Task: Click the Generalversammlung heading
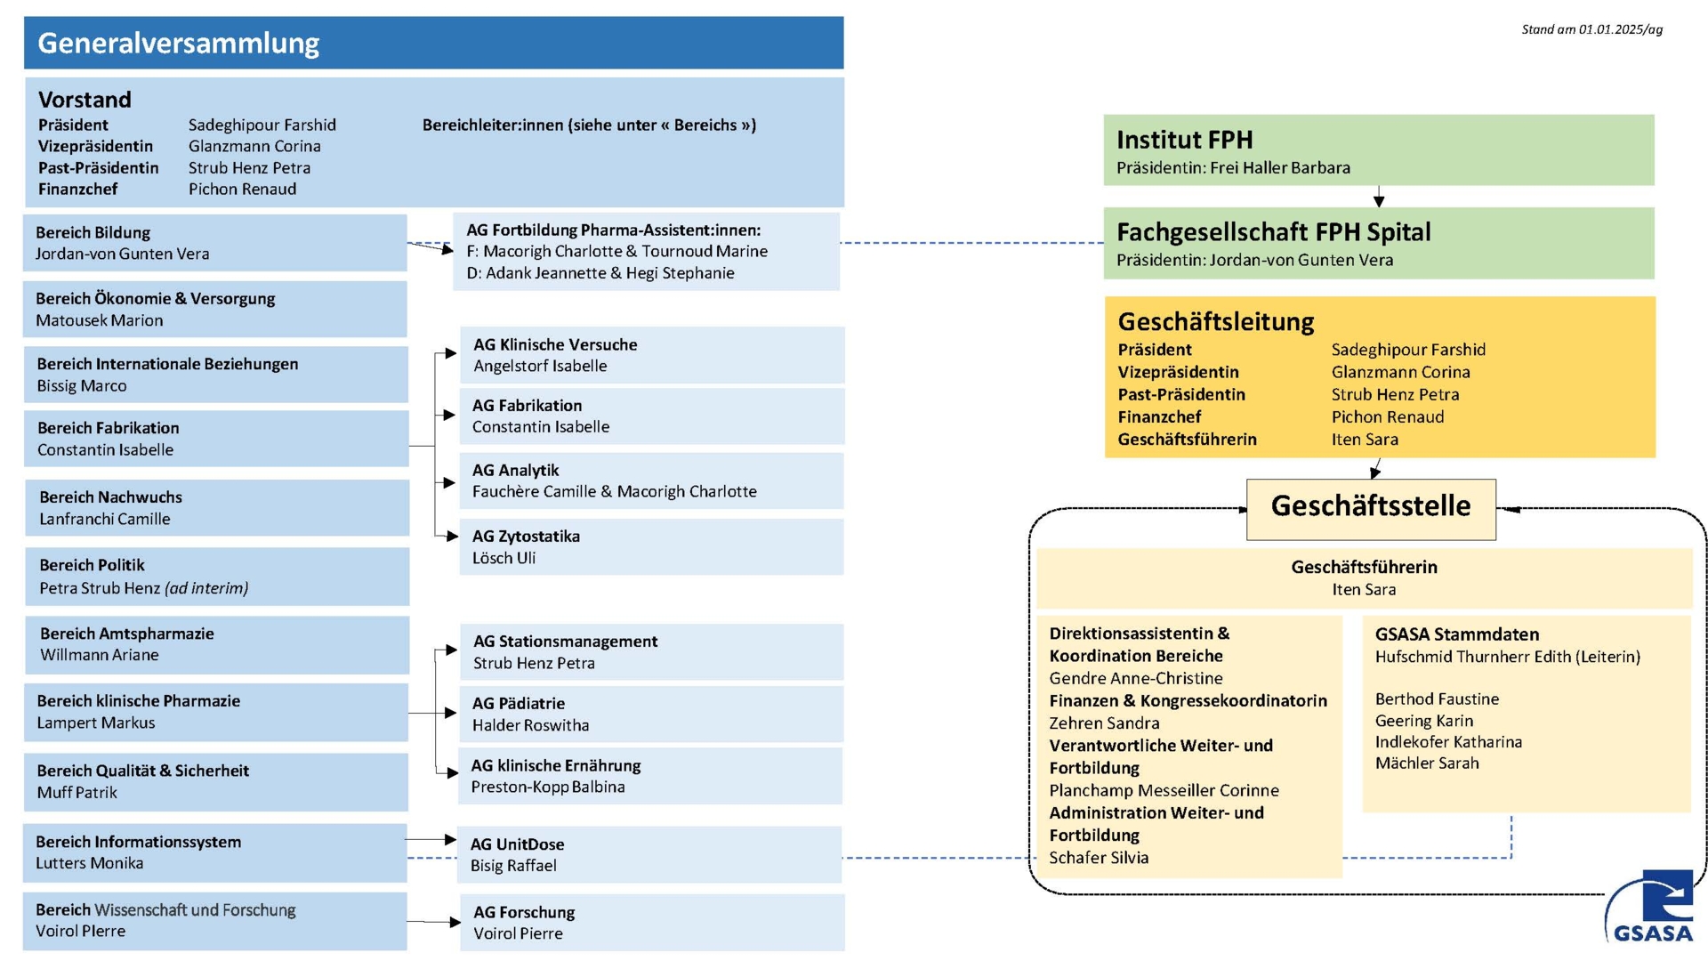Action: [x=178, y=43]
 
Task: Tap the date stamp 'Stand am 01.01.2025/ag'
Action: [x=1591, y=29]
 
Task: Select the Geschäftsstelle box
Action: [x=1371, y=509]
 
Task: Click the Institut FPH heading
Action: [x=1184, y=140]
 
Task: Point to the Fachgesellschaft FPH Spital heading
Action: [x=1273, y=232]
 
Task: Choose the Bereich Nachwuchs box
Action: [x=217, y=508]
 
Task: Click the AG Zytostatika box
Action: [x=651, y=546]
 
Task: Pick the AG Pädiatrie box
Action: [x=651, y=714]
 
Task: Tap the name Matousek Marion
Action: [x=100, y=320]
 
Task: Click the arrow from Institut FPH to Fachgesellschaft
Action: [x=1379, y=197]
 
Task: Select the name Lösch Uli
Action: [x=504, y=558]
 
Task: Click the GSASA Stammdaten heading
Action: [x=1457, y=634]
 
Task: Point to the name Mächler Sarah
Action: [x=1427, y=763]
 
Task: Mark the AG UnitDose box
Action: [x=649, y=854]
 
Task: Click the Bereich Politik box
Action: [x=217, y=577]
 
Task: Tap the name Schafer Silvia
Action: [x=1099, y=858]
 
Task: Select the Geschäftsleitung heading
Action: [x=1216, y=321]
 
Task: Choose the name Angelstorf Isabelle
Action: [x=540, y=366]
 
